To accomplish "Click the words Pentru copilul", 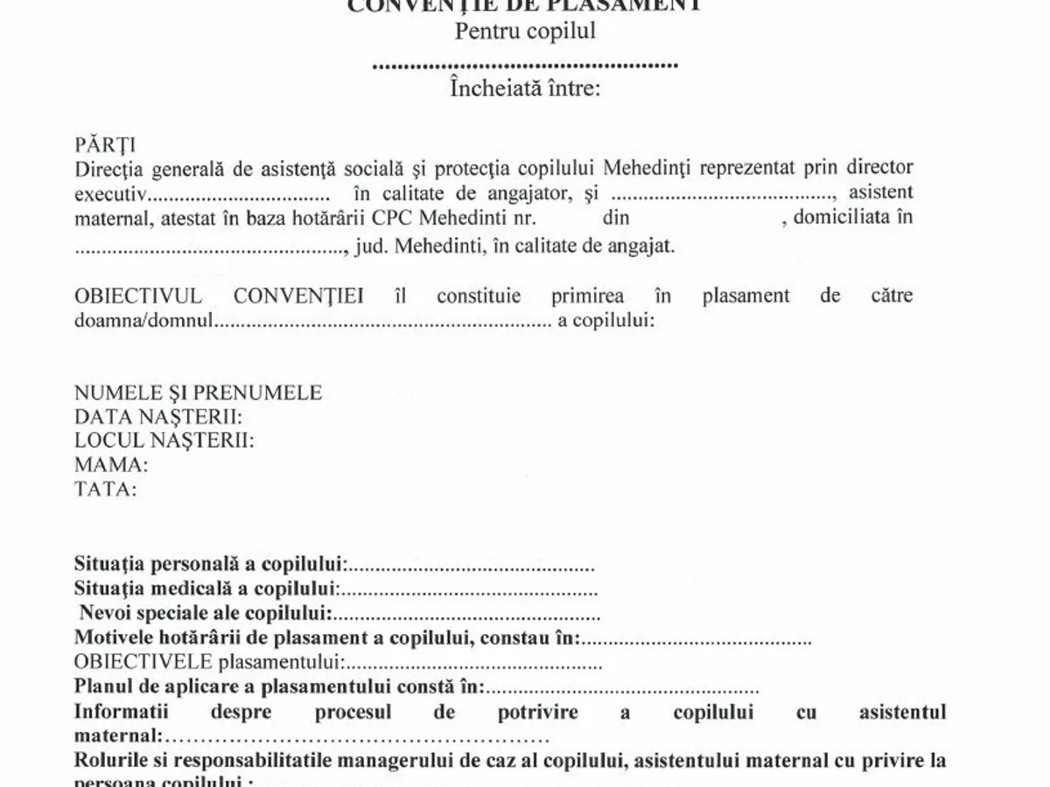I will pos(525,31).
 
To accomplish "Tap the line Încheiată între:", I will pos(525,88).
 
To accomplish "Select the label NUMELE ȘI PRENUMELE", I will pos(199,393).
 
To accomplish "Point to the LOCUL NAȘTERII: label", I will pos(164,440).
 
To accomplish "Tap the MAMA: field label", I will pos(111,464).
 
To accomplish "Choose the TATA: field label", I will pos(106,489).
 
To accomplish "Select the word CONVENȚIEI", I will pos(299,296).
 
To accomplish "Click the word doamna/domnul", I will pos(143,320).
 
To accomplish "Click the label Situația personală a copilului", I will pos(210,564).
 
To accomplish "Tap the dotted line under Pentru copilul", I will pos(525,64).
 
